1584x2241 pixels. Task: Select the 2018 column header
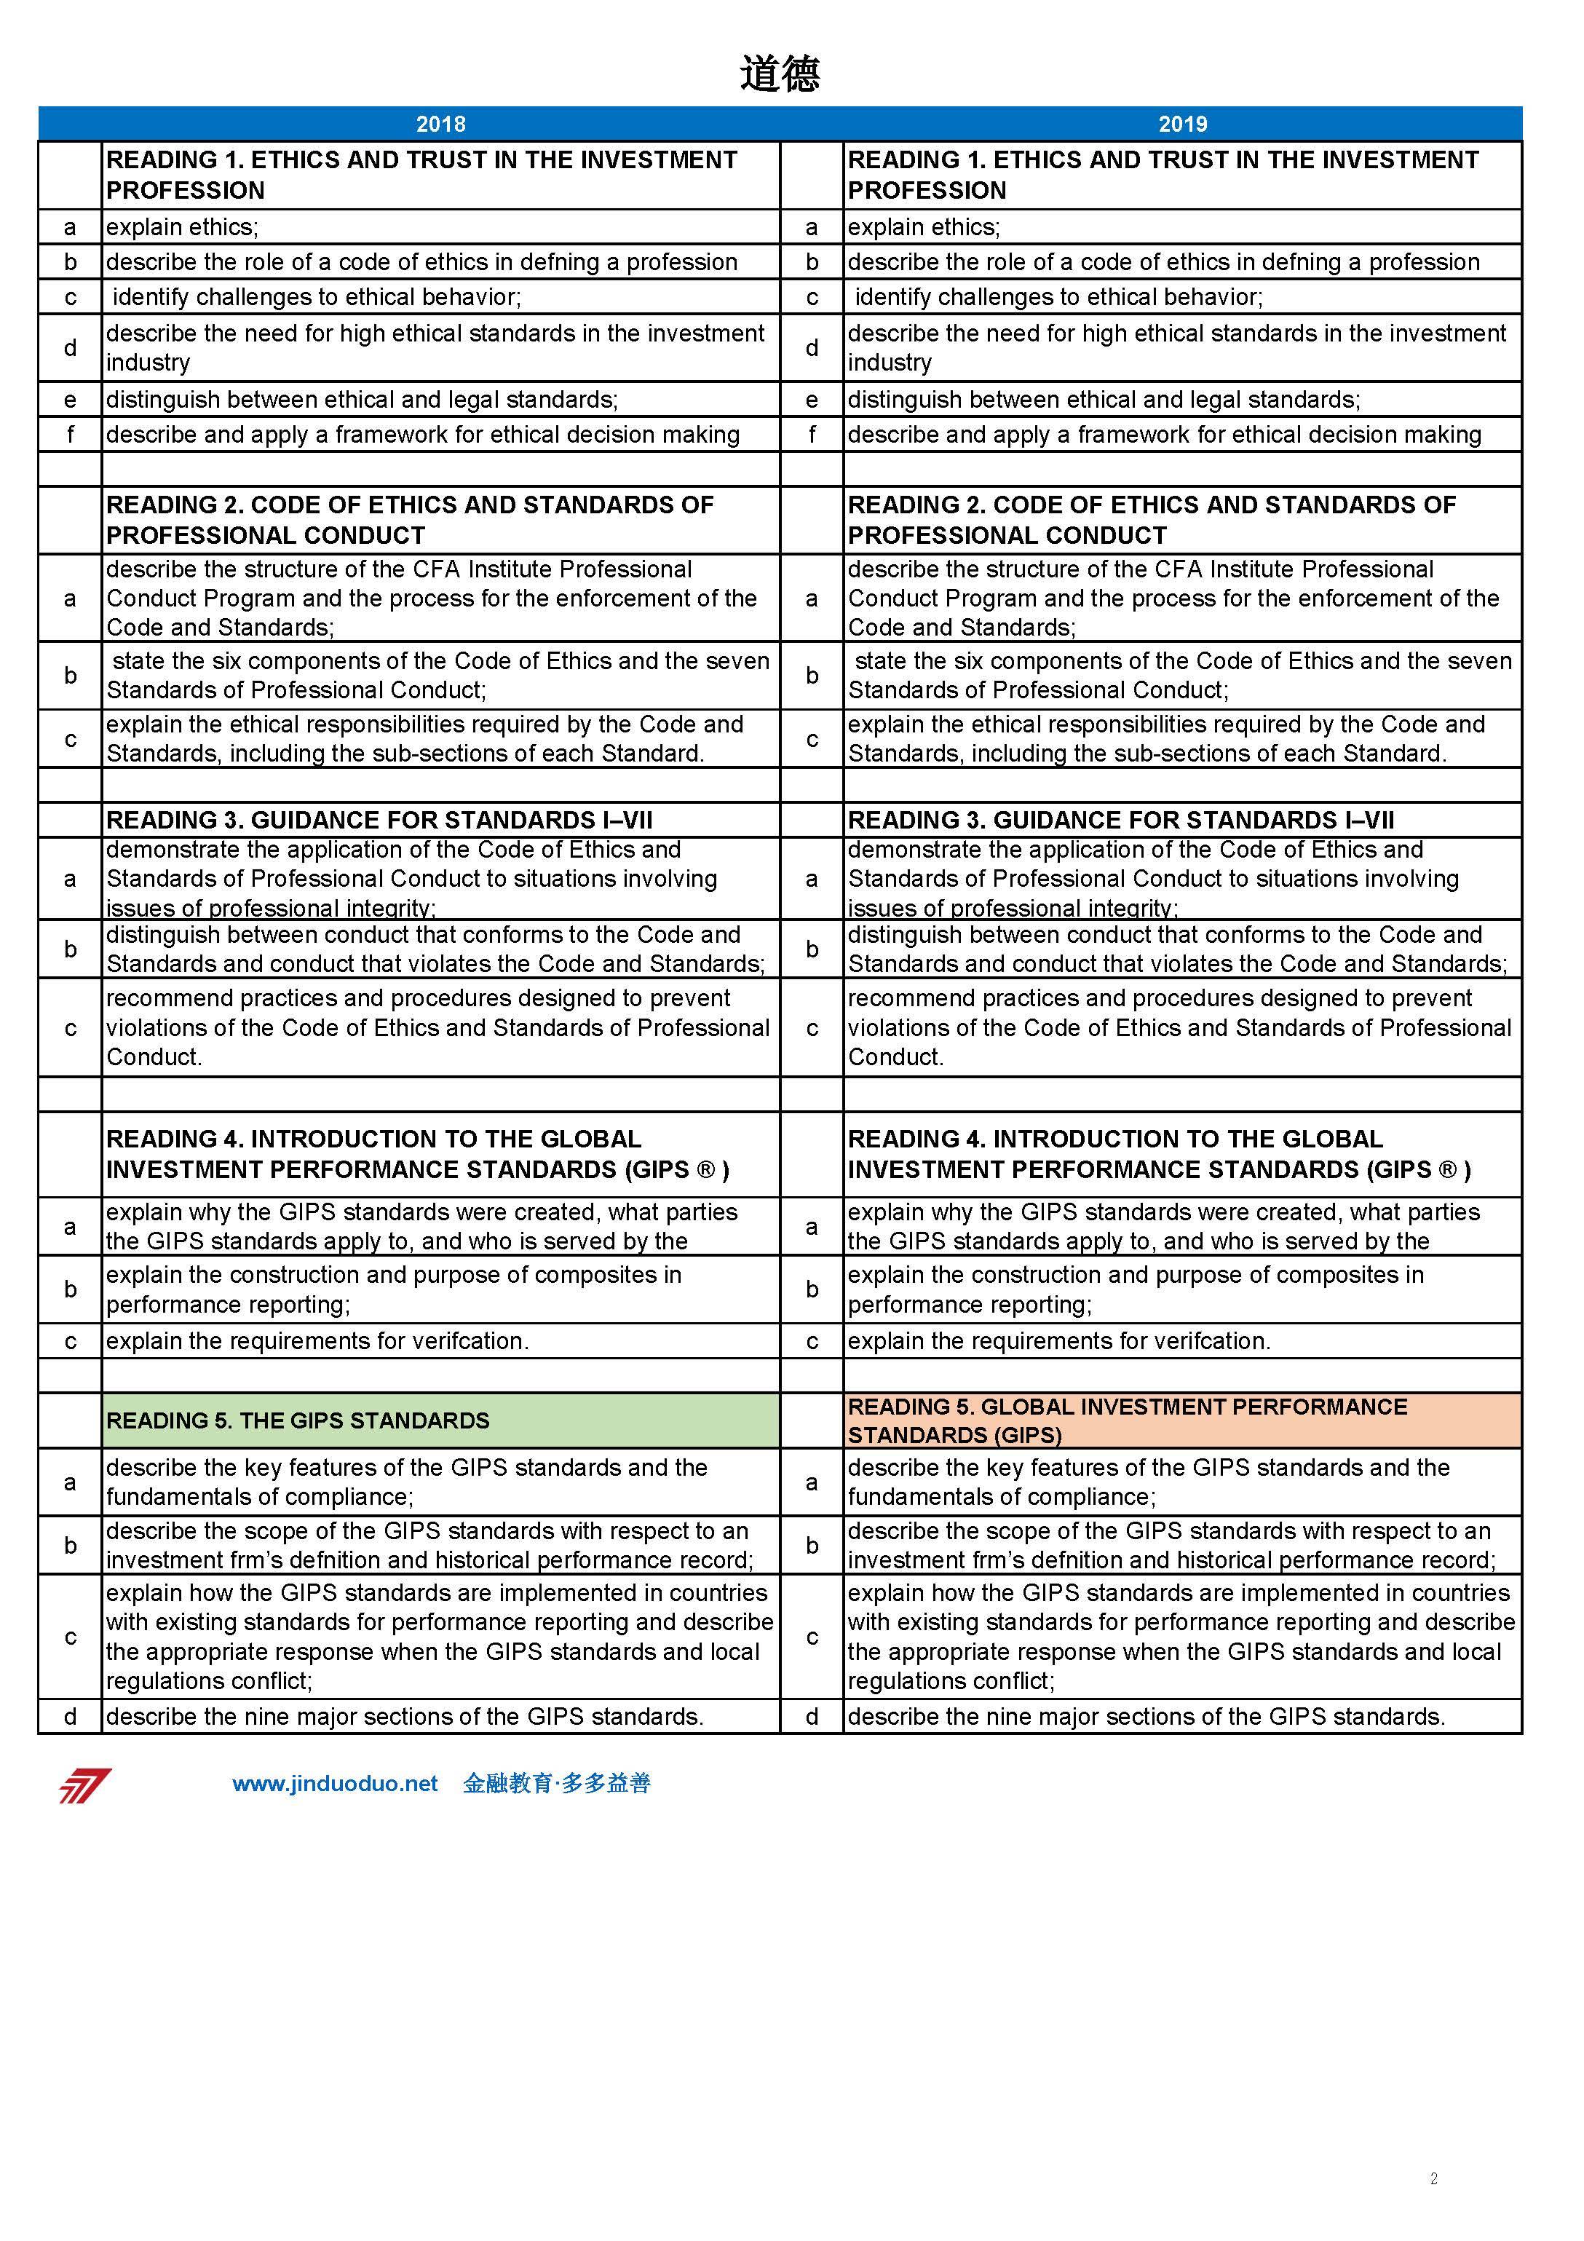440,124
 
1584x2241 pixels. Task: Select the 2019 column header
1182,124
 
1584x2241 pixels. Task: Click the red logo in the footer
85,1785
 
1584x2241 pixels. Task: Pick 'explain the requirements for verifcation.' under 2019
1059,1340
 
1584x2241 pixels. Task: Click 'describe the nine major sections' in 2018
404,1716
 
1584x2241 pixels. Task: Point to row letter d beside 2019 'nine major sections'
811,1716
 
